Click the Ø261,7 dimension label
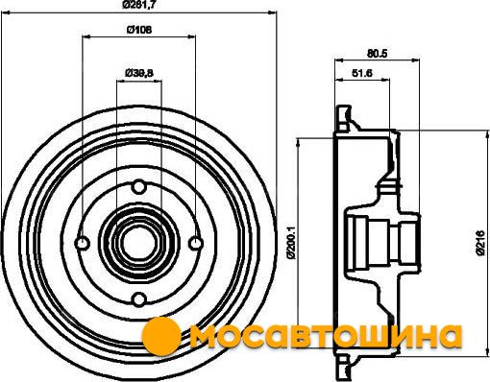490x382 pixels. pyautogui.click(x=139, y=5)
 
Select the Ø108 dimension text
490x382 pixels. pyautogui.click(x=139, y=30)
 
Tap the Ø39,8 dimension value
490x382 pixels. pyautogui.click(x=139, y=73)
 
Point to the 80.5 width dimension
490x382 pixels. pyautogui.click(x=377, y=54)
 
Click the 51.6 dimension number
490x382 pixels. pyautogui.click(x=362, y=73)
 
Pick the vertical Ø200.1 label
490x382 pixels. pyautogui.click(x=291, y=243)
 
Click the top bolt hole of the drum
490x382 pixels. pyautogui.click(x=139, y=186)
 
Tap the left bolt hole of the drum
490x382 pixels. pyautogui.click(x=83, y=243)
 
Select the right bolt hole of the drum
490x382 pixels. pyautogui.click(x=195, y=243)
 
